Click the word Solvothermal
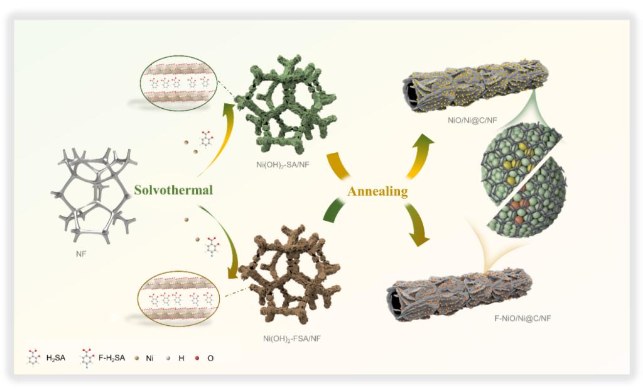pos(173,189)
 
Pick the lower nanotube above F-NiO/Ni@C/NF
pos(458,290)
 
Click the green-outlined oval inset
pos(178,82)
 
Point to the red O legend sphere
pos(199,359)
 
